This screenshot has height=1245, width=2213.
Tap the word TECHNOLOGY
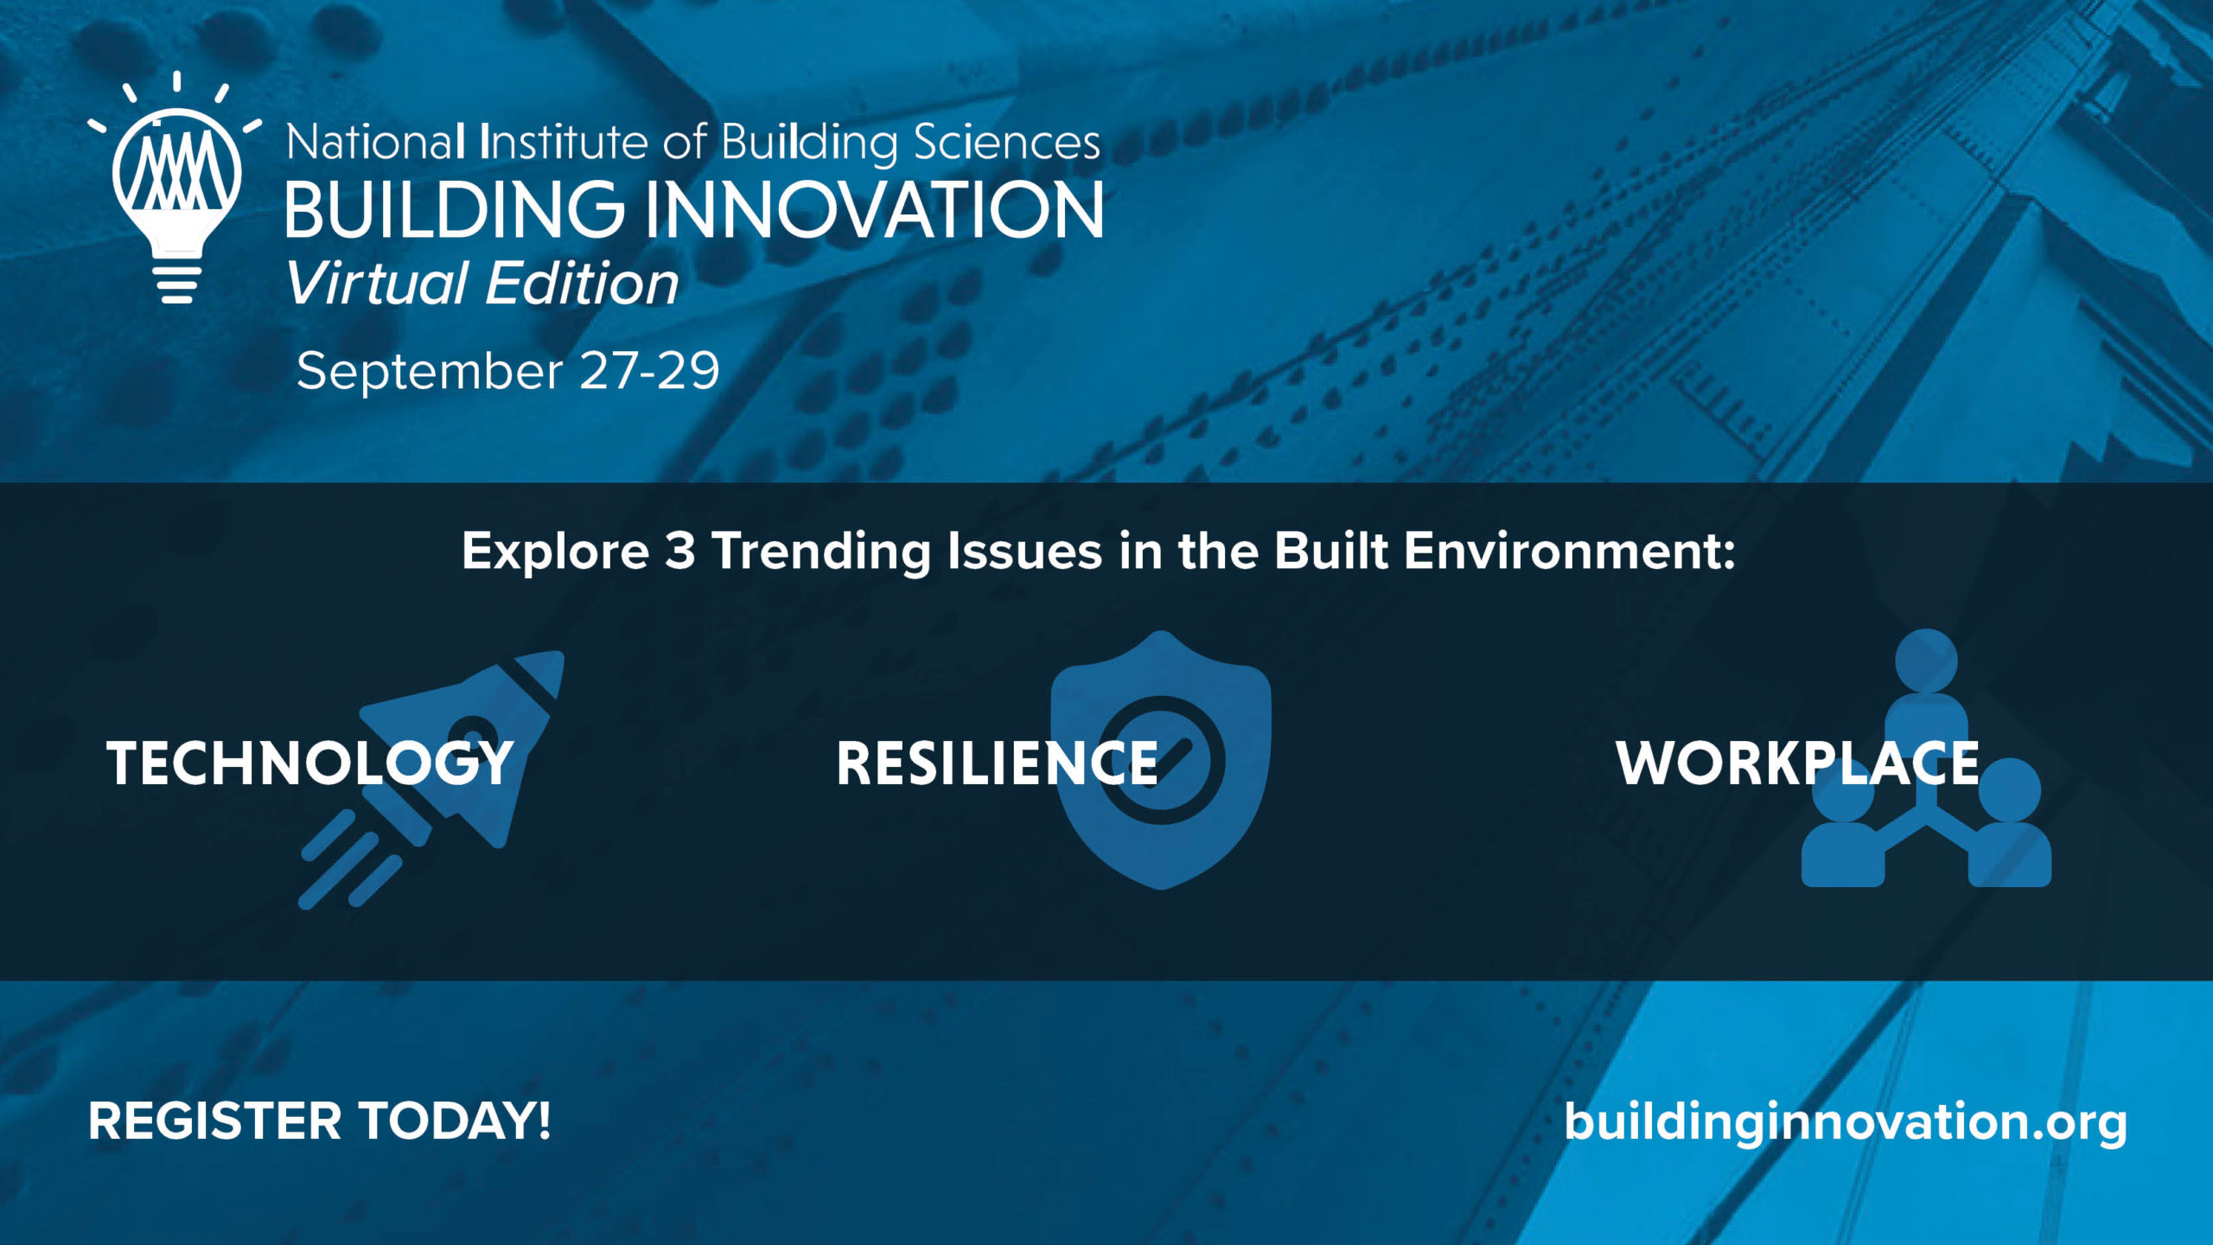tap(310, 763)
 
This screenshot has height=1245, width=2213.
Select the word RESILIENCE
tap(997, 763)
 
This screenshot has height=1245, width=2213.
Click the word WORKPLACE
tap(1798, 763)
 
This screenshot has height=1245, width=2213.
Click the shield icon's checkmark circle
tap(1162, 761)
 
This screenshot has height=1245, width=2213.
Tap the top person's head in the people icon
tap(1926, 661)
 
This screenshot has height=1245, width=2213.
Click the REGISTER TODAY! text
tap(319, 1121)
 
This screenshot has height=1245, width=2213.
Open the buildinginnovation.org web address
tap(1846, 1123)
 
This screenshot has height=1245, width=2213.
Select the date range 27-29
tap(649, 371)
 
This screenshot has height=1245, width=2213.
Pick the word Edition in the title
tap(583, 283)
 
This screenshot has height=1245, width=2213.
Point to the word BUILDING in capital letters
tap(455, 209)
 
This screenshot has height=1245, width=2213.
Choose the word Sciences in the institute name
tap(1006, 143)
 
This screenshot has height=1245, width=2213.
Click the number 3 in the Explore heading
tap(680, 551)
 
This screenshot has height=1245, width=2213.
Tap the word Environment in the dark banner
tap(1569, 551)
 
